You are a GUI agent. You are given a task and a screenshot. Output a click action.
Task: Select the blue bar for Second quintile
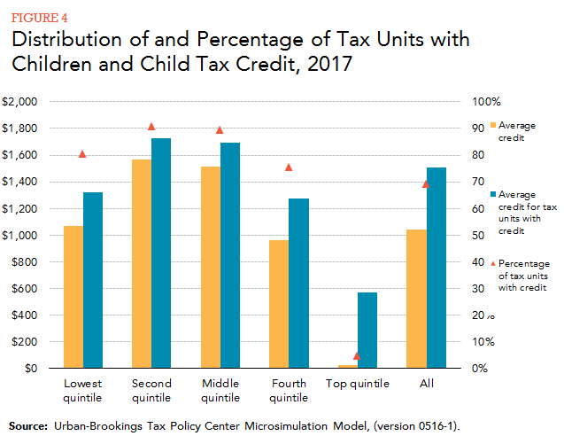pyautogui.click(x=161, y=253)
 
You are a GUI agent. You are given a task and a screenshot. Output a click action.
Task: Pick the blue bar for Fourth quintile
pyautogui.click(x=297, y=284)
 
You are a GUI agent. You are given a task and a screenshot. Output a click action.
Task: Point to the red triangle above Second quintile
pyautogui.click(x=151, y=127)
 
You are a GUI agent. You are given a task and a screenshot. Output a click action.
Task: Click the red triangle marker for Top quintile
pyautogui.click(x=357, y=355)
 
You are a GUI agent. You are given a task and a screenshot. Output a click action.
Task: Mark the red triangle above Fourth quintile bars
pyautogui.click(x=288, y=167)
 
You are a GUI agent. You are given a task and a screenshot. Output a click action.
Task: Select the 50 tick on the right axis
pyautogui.click(x=477, y=236)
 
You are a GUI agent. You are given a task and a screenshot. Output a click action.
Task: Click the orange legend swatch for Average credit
pyautogui.click(x=492, y=125)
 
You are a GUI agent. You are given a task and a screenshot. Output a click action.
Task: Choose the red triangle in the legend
pyautogui.click(x=492, y=263)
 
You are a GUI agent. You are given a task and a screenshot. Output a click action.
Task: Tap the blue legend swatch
pyautogui.click(x=492, y=194)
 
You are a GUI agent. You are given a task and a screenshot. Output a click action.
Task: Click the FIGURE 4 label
pyautogui.click(x=38, y=15)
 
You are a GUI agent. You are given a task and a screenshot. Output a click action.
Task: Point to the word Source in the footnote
pyautogui.click(x=27, y=425)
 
